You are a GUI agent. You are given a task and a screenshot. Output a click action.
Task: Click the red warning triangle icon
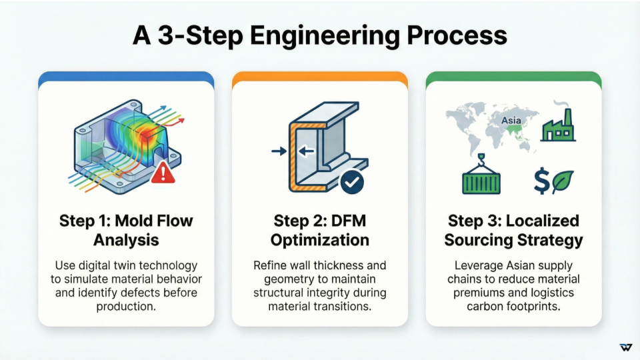click(x=162, y=175)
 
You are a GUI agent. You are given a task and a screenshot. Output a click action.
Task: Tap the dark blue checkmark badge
click(x=352, y=181)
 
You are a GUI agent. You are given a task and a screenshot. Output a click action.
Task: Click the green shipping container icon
click(x=481, y=181)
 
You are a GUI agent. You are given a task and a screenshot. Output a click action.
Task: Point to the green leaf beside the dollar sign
click(x=563, y=181)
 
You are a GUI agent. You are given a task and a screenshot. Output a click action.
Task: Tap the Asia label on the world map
click(x=511, y=121)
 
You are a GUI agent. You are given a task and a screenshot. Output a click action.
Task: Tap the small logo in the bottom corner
click(x=625, y=347)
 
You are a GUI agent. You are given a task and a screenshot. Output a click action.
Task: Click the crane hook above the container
click(x=481, y=158)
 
